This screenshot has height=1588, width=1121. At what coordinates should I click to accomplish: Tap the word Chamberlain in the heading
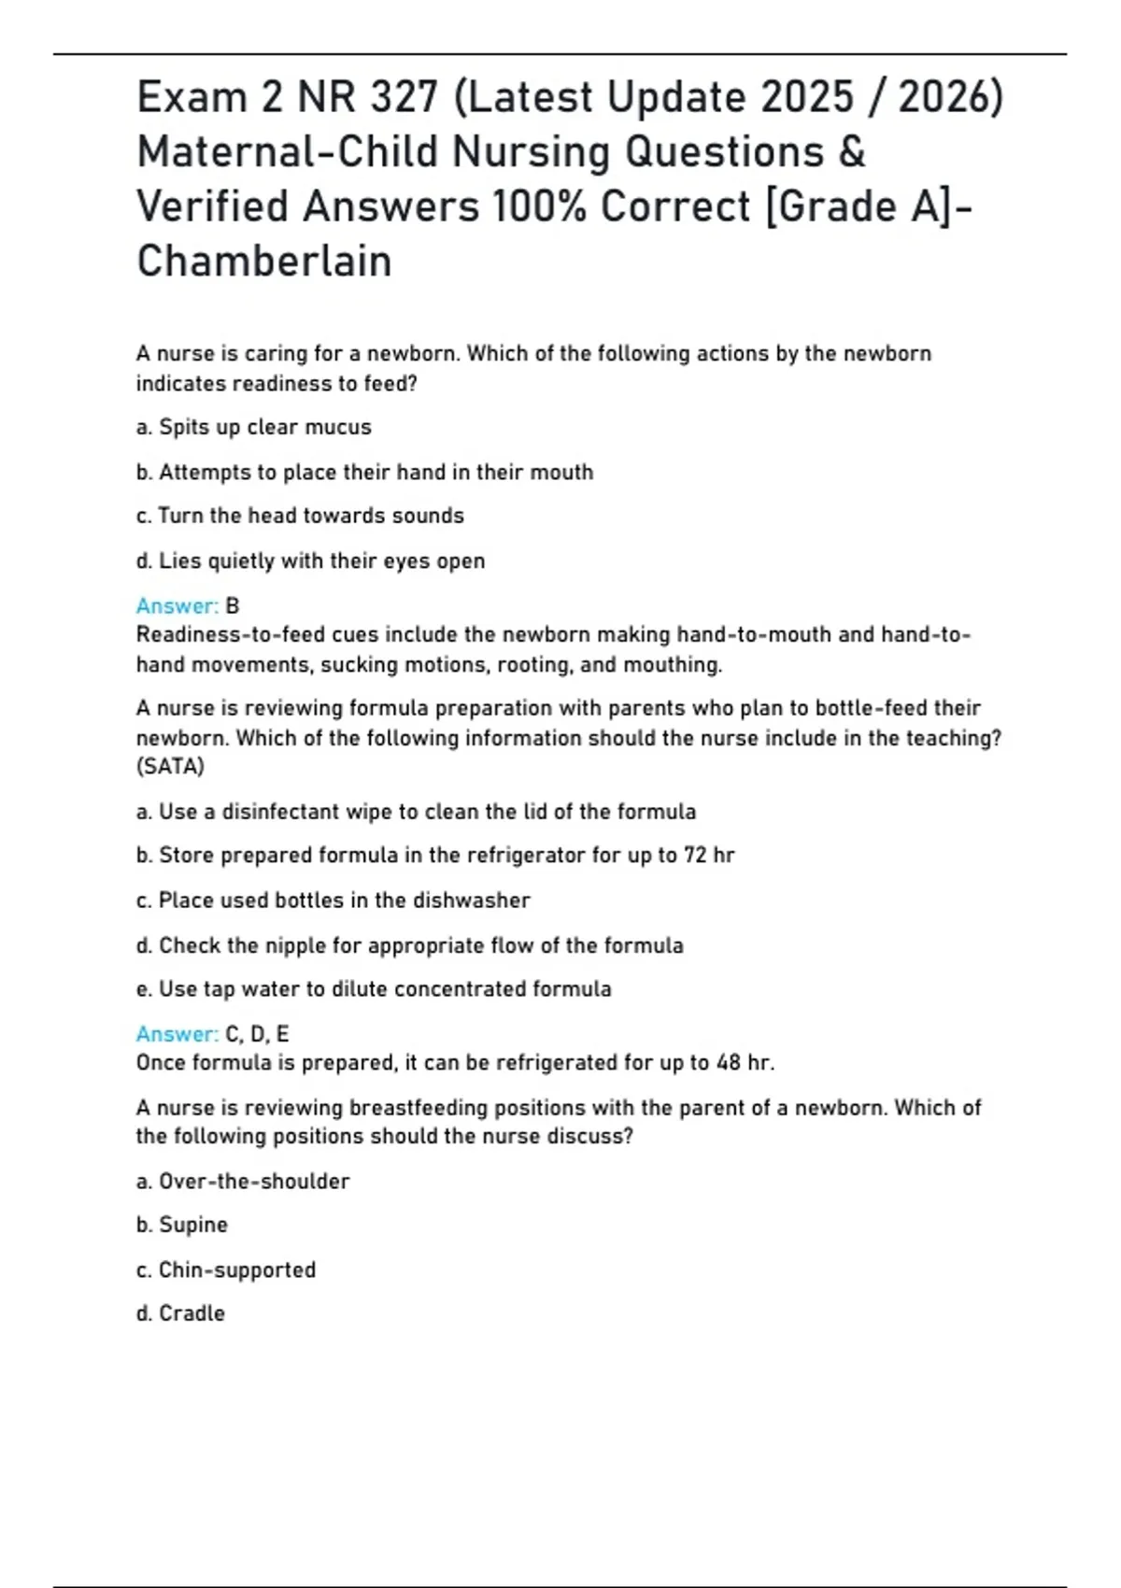[x=264, y=261]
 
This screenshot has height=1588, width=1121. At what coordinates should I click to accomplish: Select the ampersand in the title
[x=852, y=151]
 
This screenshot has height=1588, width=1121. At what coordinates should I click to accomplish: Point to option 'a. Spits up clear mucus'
[x=253, y=427]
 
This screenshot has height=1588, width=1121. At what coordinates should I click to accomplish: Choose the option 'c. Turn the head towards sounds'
[x=300, y=516]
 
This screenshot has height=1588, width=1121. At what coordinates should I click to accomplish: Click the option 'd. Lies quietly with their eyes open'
[x=310, y=560]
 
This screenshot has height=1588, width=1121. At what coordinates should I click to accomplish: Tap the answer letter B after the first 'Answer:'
[x=233, y=606]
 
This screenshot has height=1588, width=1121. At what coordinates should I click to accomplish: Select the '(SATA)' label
[x=170, y=766]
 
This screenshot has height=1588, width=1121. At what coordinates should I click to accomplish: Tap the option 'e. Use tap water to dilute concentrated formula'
[x=374, y=988]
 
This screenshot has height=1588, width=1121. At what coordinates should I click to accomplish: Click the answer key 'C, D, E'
[x=257, y=1034]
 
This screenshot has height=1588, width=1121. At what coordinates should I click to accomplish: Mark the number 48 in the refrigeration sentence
[x=729, y=1062]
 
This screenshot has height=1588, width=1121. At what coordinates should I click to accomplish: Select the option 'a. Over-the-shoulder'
[x=243, y=1181]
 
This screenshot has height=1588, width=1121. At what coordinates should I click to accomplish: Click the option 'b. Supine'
[x=182, y=1225]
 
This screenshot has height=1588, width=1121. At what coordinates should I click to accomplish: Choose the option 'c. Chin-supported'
[x=226, y=1269]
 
